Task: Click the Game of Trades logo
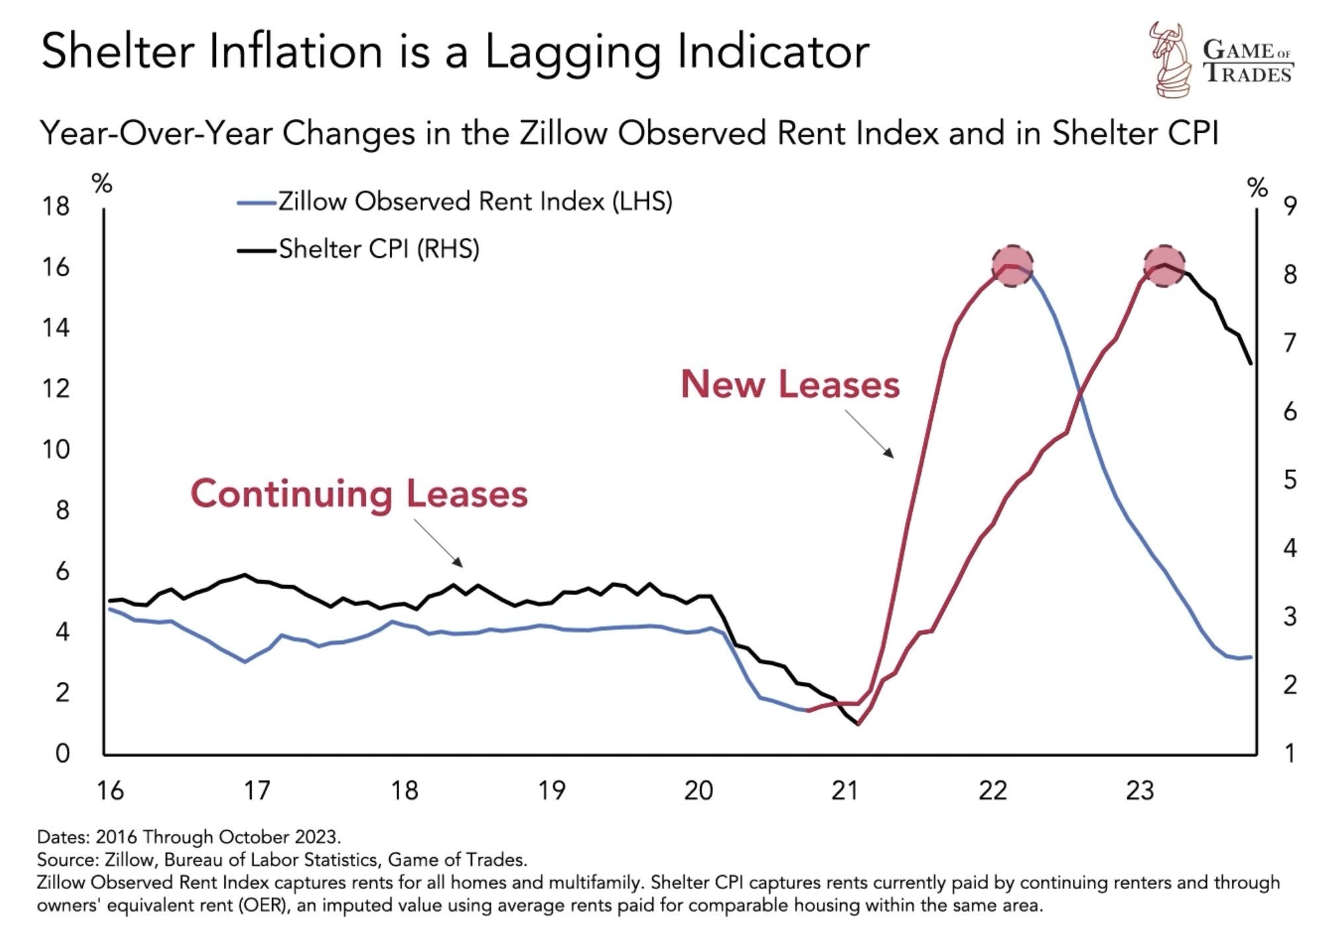pyautogui.click(x=1220, y=60)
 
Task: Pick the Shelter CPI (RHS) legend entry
pyautogui.click(x=378, y=250)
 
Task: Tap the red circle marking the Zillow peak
pyautogui.click(x=1012, y=265)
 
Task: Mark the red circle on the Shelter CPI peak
pyautogui.click(x=1164, y=265)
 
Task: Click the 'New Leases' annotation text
pyautogui.click(x=790, y=385)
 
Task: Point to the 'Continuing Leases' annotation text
pyautogui.click(x=359, y=494)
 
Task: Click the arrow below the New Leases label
pyautogui.click(x=869, y=434)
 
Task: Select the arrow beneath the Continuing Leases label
pyautogui.click(x=438, y=543)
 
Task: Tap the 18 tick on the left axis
pyautogui.click(x=56, y=207)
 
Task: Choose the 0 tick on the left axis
pyautogui.click(x=62, y=753)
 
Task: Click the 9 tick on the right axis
pyautogui.click(x=1290, y=207)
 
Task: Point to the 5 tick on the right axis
pyautogui.click(x=1290, y=480)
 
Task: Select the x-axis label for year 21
pyautogui.click(x=845, y=790)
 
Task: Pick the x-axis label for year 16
pyautogui.click(x=110, y=790)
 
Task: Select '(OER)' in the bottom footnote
pyautogui.click(x=262, y=905)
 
